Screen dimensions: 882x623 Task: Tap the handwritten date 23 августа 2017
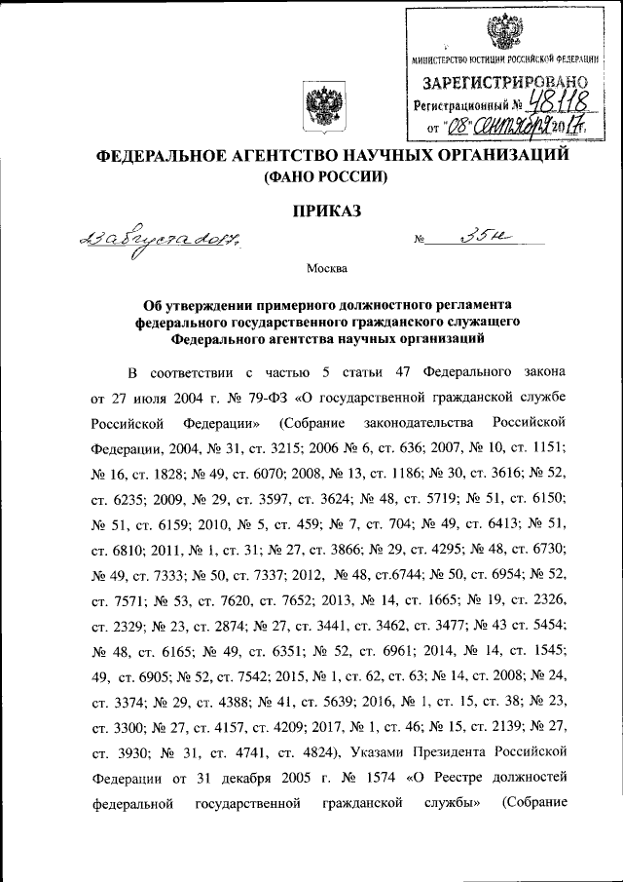[x=145, y=237]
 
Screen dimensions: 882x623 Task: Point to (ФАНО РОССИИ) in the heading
[x=318, y=177]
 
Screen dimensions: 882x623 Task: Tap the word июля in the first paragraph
[x=130, y=399]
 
